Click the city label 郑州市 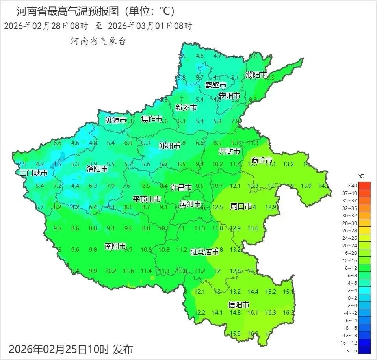(169, 146)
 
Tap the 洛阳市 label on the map (97, 169)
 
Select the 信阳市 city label (239, 305)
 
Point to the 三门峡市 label (34, 173)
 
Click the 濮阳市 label (256, 75)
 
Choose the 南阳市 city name (115, 247)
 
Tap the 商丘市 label (262, 160)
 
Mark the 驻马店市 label (205, 252)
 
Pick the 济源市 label (116, 120)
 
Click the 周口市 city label (241, 206)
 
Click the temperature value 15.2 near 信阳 (271, 292)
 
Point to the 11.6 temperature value (128, 271)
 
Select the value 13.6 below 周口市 (253, 228)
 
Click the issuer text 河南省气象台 (98, 41)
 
